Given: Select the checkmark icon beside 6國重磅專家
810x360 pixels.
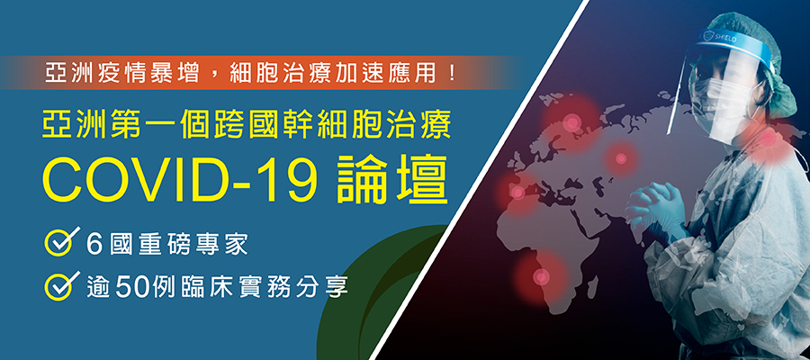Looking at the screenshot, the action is coord(61,240).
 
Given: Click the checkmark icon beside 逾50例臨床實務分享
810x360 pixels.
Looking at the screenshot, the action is coord(61,284).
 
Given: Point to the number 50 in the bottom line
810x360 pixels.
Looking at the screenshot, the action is coord(134,285).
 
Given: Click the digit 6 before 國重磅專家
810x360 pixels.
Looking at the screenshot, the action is coord(94,244).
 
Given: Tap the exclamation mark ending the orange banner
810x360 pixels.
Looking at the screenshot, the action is coord(453,73).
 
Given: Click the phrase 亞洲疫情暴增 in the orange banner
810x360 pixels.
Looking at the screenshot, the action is coord(122,73).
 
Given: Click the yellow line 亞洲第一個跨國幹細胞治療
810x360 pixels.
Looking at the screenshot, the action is coord(247,125).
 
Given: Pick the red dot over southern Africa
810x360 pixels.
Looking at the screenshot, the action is coord(540,277).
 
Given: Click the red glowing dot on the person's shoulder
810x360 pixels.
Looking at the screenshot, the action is coord(769,138).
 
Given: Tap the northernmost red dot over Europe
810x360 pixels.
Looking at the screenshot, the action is coord(571,123).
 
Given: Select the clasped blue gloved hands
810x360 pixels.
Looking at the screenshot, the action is coord(657,208).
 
